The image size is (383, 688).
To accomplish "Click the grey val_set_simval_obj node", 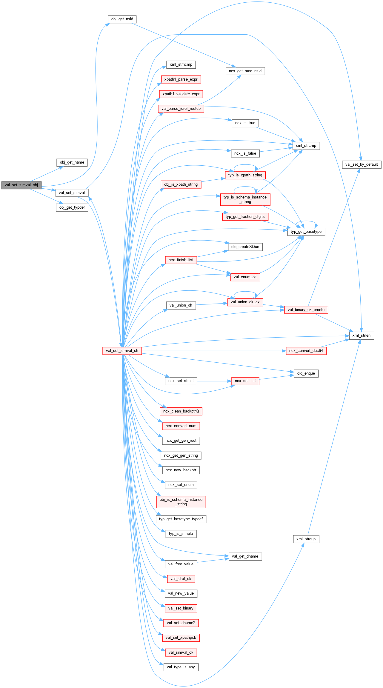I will (21, 185).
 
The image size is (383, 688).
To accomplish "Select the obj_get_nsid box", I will (122, 19).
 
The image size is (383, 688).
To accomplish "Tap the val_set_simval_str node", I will (122, 351).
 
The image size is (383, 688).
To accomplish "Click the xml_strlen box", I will (361, 335).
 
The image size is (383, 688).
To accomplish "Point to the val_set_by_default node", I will (361, 164).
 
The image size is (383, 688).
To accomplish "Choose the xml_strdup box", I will (306, 539).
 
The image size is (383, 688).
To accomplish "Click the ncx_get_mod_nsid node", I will (245, 71).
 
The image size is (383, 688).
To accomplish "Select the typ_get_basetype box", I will (306, 232).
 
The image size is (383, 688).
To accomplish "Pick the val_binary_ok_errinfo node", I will (306, 310).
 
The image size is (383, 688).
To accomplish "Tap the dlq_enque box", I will (306, 373).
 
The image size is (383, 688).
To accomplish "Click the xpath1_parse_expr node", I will (181, 79).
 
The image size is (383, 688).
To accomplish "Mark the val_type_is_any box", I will (181, 667).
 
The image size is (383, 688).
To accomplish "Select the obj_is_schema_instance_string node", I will (181, 502).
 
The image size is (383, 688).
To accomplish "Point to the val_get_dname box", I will (245, 556).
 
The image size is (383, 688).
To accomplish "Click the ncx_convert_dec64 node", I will (306, 351).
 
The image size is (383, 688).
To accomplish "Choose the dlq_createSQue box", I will (245, 247).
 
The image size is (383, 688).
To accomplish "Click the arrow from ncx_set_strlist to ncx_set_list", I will (214, 381).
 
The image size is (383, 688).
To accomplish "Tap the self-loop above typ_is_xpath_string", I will (245, 165).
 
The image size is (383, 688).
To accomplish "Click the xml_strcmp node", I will (306, 146).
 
